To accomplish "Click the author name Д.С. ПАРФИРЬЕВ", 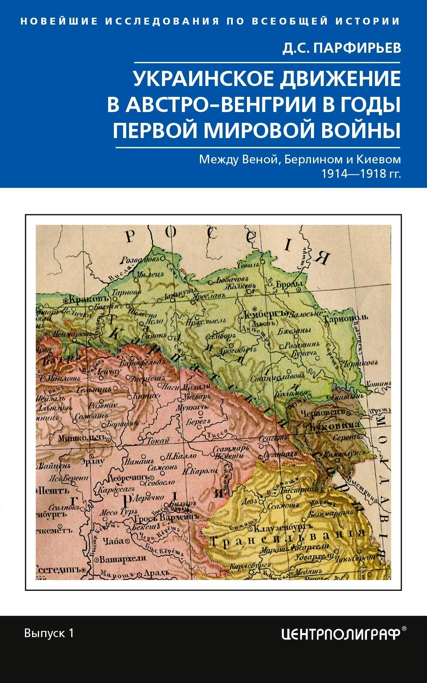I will coord(342,48).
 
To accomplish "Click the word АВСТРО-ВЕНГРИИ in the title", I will coord(217,104).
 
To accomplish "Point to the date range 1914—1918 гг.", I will coord(361,174).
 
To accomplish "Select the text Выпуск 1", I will coord(49,633).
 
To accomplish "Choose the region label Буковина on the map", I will coord(334,425).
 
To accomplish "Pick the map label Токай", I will coord(158,440).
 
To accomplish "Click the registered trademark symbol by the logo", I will coord(404,628).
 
